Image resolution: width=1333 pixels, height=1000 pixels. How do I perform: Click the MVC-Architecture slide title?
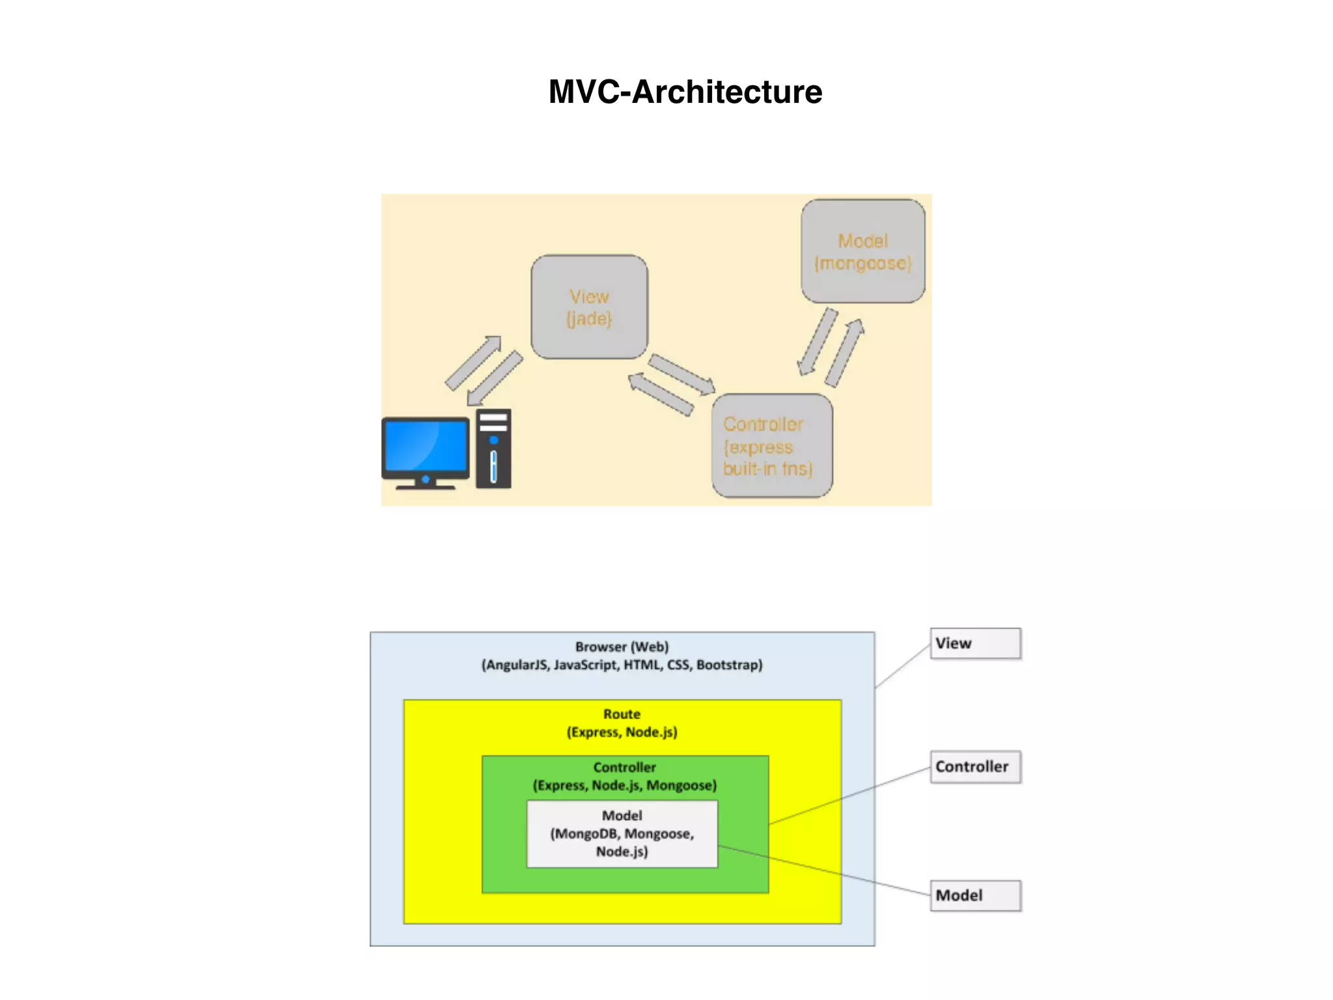pyautogui.click(x=685, y=92)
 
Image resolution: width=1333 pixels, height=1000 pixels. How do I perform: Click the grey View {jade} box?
pyautogui.click(x=589, y=307)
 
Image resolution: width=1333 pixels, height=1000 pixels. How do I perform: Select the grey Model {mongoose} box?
pyautogui.click(x=862, y=251)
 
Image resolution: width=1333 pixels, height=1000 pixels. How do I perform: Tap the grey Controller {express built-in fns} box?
pyautogui.click(x=771, y=446)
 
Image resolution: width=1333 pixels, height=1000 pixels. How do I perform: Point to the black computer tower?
pyautogui.click(x=493, y=449)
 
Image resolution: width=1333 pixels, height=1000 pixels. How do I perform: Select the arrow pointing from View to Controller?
pyautogui.click(x=682, y=374)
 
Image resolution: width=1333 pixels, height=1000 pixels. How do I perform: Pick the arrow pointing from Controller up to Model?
pyautogui.click(x=845, y=352)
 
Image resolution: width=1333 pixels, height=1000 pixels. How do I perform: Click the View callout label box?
pyautogui.click(x=975, y=643)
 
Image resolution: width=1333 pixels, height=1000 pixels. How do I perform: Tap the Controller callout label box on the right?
pyautogui.click(x=975, y=767)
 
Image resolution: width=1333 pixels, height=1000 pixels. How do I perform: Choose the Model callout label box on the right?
pyautogui.click(x=975, y=896)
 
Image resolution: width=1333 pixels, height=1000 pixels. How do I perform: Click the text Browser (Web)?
pyautogui.click(x=622, y=647)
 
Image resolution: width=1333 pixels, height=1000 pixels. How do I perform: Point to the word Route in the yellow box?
pyautogui.click(x=622, y=714)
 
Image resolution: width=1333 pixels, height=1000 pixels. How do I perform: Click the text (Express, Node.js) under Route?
pyautogui.click(x=622, y=732)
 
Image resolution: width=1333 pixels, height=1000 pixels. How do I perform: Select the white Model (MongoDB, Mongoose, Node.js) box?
pyautogui.click(x=622, y=834)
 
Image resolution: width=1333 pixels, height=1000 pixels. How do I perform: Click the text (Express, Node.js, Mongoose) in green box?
pyautogui.click(x=624, y=786)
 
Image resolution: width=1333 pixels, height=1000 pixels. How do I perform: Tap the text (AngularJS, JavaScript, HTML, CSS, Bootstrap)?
pyautogui.click(x=622, y=665)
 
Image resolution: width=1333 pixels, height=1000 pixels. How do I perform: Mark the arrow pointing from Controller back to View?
pyautogui.click(x=661, y=393)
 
